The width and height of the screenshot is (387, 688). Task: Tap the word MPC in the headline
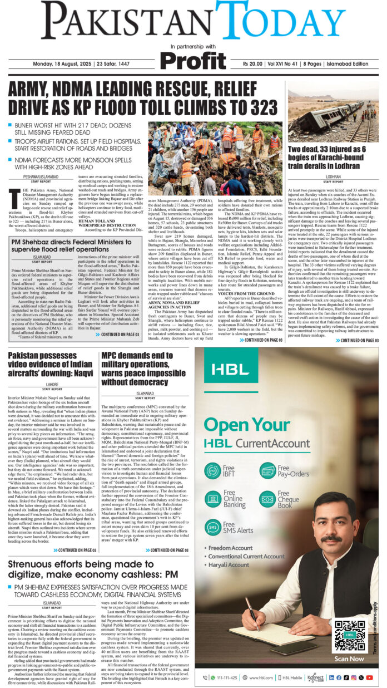113,356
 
